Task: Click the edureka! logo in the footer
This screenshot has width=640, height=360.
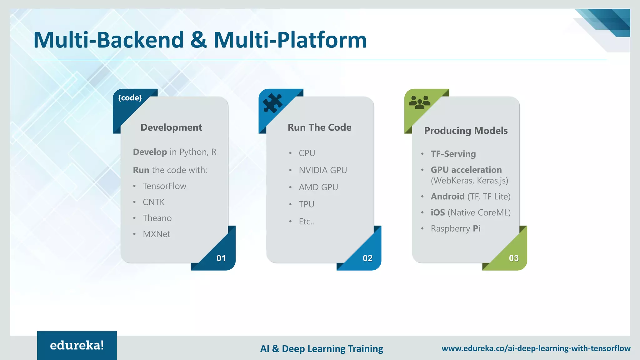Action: [x=77, y=345]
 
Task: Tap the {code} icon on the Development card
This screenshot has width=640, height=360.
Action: [x=130, y=98]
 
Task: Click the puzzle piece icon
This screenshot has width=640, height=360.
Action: [x=272, y=103]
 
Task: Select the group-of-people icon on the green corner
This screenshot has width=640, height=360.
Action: [x=419, y=102]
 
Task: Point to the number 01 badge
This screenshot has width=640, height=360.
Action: [x=221, y=258]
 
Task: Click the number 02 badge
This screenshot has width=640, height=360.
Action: [x=367, y=258]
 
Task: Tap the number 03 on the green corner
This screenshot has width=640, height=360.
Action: [x=513, y=258]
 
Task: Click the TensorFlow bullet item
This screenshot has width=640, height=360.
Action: [x=164, y=186]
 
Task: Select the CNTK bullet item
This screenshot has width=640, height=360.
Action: [x=153, y=202]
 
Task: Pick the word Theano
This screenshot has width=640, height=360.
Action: [x=157, y=218]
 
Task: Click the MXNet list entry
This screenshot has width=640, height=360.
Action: [x=156, y=234]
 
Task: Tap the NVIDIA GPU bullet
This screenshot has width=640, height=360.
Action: [x=322, y=170]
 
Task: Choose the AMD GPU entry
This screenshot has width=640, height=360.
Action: [x=318, y=187]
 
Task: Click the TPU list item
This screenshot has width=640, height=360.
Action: [x=306, y=204]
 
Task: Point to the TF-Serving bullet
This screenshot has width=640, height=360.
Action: [x=453, y=154]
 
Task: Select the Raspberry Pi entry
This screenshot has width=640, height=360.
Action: [x=455, y=228]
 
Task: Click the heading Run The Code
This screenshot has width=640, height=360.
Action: [x=319, y=127]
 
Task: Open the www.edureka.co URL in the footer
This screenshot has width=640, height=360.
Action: [x=536, y=348]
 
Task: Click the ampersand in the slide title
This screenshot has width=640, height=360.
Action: [x=198, y=40]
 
